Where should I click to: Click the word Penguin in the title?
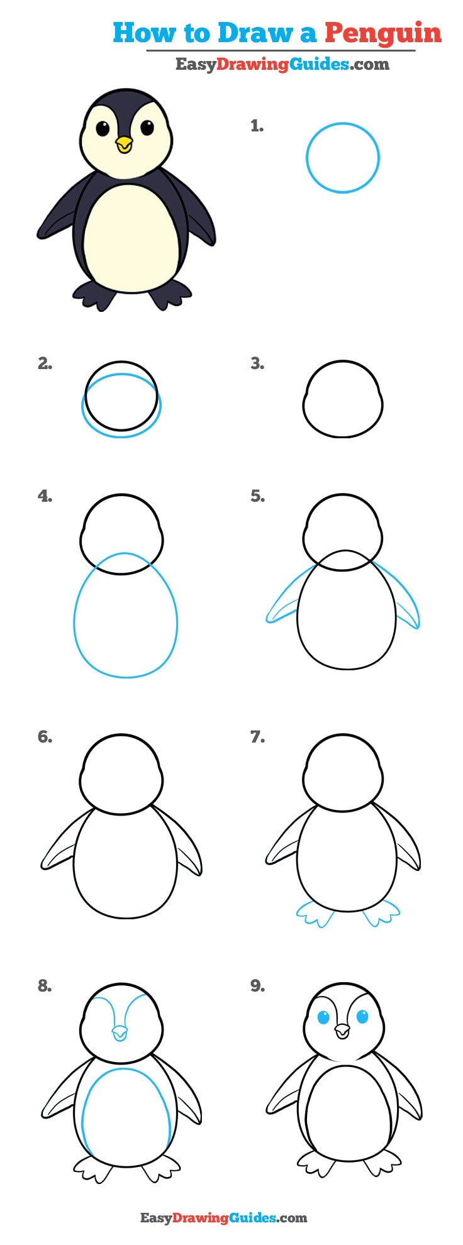pos(383,33)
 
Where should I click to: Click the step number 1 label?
pos(257,126)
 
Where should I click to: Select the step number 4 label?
pos(45,496)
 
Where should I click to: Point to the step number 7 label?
pos(257,736)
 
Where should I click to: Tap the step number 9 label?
pos(257,986)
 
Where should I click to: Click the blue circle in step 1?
pos(343,158)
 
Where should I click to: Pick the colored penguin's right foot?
pos(170,294)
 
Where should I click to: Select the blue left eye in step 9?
pos(324,1017)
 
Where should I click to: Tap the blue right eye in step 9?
pos(363,1016)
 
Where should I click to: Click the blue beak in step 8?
pos(119,1032)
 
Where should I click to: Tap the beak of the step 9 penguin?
pos(342,1031)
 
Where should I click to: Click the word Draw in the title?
pos(244,33)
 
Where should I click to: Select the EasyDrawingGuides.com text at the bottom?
pos(223,1218)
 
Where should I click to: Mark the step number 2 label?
pos(45,363)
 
